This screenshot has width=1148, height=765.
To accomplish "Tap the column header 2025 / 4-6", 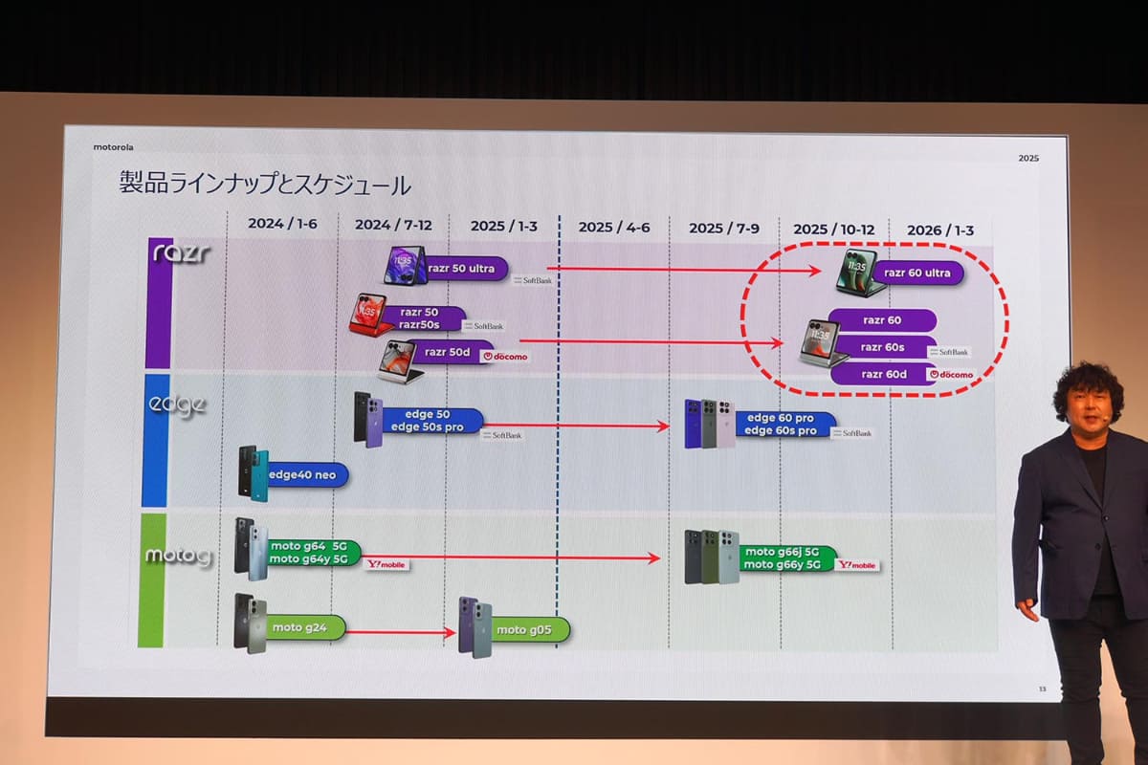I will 613,227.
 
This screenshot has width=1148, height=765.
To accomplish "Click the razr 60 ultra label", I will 916,273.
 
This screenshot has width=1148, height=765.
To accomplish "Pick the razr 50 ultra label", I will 461,269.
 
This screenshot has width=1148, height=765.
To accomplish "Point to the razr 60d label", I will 883,374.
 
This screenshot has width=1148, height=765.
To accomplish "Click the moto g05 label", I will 524,629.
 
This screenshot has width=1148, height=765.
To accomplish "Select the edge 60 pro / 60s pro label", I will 781,425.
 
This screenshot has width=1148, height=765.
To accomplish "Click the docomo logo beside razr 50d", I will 504,356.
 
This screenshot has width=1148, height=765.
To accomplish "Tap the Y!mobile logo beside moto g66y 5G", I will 856,565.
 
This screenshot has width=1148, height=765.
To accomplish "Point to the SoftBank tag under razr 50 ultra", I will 532,281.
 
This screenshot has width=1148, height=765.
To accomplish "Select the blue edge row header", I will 156,440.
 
